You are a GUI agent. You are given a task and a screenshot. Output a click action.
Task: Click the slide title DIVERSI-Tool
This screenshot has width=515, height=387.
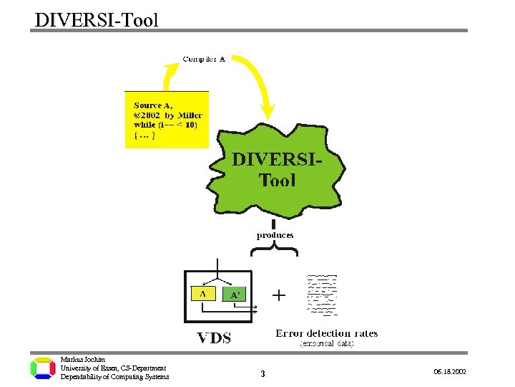97,19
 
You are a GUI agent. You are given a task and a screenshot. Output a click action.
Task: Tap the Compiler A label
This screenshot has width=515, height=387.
204,59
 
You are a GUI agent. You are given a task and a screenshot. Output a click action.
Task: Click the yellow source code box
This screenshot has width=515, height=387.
167,120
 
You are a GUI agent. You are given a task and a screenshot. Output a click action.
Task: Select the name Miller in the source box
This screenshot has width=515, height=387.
190,115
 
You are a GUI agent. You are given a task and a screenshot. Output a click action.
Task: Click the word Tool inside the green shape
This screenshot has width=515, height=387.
278,180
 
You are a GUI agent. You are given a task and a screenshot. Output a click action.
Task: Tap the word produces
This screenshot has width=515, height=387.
275,235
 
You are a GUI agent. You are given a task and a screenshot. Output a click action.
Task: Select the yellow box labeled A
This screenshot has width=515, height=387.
204,293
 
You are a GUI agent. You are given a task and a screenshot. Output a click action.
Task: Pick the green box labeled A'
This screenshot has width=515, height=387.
236,295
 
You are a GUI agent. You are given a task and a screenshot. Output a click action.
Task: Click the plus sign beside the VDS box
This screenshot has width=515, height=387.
278,295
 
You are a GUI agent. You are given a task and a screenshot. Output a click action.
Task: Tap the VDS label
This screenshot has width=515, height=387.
215,338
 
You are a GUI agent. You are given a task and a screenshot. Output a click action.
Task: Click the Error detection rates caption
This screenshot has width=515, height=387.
327,333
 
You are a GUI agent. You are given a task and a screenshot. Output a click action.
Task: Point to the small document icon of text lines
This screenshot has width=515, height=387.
322,295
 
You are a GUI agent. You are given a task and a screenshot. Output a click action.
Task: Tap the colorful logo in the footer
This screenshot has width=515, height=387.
43,368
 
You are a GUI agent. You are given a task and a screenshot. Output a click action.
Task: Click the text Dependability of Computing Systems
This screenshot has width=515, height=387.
114,377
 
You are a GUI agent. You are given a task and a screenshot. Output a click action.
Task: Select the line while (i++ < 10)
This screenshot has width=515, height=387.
165,125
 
